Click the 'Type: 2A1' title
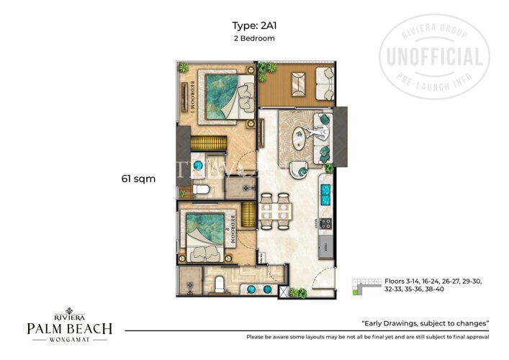(x=254, y=25)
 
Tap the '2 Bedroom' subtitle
(x=254, y=39)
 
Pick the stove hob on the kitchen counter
(x=325, y=223)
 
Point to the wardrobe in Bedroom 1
(x=206, y=140)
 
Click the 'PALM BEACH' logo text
(x=69, y=329)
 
